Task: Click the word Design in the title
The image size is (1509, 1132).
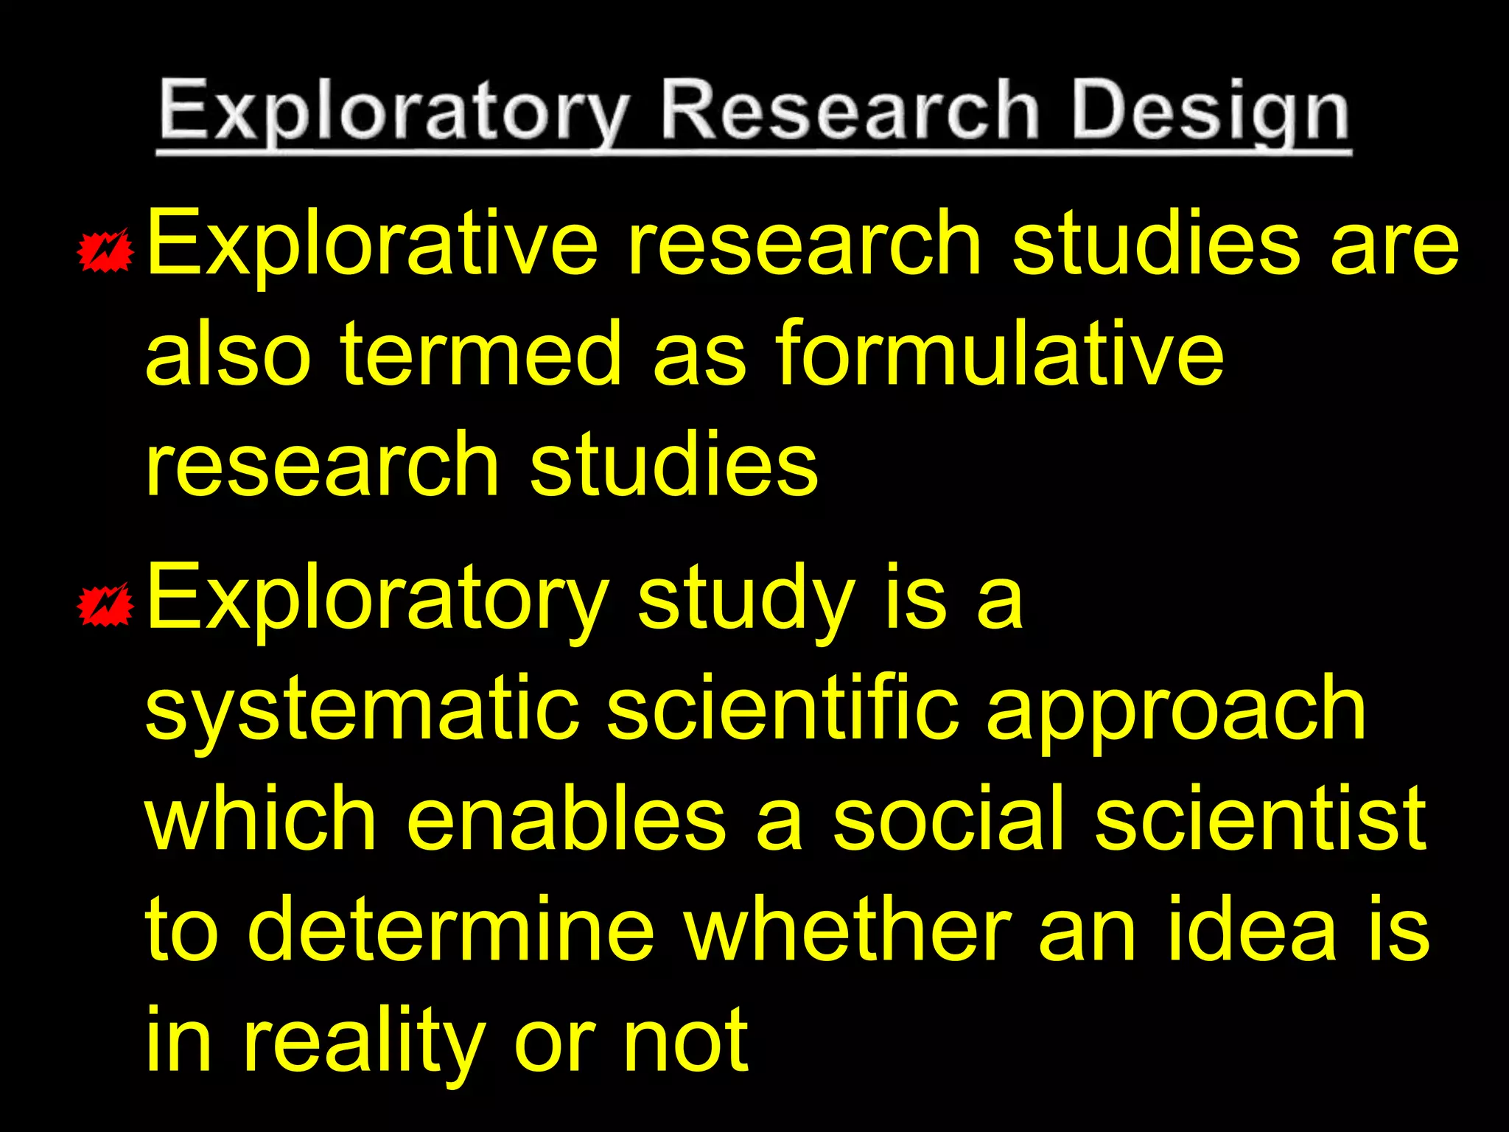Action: click(x=1210, y=112)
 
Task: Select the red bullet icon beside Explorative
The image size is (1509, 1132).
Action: click(x=105, y=251)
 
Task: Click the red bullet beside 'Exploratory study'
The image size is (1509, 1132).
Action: click(x=105, y=604)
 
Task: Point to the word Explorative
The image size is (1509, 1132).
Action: click(x=372, y=243)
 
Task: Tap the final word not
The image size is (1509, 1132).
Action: click(x=685, y=1041)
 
